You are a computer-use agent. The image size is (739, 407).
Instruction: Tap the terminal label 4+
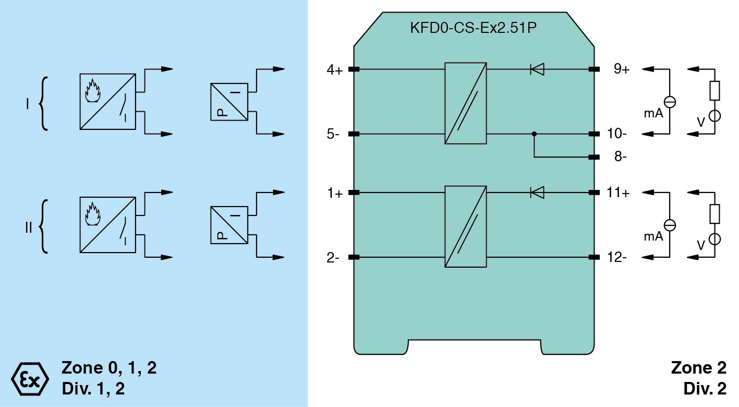334,69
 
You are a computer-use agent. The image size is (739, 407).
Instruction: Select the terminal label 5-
333,135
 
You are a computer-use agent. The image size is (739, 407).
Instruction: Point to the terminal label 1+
334,194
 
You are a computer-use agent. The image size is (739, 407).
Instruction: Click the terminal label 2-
333,258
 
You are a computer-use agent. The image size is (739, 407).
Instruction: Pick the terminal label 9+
621,69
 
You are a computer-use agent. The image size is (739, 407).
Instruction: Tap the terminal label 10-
617,134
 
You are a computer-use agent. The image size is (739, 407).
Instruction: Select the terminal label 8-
620,157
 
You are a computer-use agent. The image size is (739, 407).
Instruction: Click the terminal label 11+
618,193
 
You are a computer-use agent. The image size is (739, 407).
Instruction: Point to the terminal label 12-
617,258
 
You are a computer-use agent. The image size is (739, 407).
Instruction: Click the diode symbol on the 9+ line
537,69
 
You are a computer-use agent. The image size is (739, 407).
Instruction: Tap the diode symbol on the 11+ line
537,193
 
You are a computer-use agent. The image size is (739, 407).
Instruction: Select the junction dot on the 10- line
534,134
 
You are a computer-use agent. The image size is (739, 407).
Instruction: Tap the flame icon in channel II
92,213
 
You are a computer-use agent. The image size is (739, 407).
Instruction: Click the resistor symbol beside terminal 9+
714,91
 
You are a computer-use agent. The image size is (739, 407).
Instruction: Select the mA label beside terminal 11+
653,236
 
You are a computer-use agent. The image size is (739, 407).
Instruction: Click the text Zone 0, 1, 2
109,368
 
